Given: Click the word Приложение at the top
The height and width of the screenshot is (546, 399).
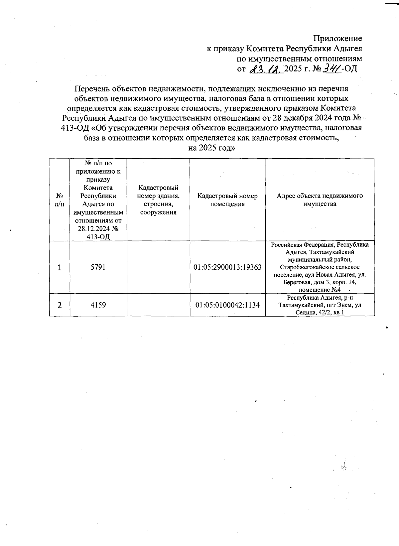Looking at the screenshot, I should point(338,38).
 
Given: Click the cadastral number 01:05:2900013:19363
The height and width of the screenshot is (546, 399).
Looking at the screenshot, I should point(227,267).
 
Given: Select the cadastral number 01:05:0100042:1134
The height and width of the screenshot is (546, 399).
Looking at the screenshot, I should point(227,305).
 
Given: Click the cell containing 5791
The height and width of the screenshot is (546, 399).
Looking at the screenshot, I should point(98,267).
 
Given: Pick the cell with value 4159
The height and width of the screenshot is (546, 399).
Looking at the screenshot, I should point(98,305).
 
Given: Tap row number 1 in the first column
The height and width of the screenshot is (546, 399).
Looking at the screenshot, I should point(60,268).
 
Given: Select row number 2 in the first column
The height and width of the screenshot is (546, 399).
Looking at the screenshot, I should point(60,305).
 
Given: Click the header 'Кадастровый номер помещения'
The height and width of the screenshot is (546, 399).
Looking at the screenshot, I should point(227,200).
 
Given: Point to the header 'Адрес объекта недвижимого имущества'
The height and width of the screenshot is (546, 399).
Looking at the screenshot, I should point(320,200).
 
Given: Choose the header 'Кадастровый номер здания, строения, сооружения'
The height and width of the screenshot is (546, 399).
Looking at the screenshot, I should point(158,200).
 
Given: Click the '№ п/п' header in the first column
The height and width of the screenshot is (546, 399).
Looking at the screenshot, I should point(60,200).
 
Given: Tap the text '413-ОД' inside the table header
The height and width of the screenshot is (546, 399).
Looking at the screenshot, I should point(98,237).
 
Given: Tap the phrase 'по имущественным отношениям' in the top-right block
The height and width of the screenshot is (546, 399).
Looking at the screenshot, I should point(299,59).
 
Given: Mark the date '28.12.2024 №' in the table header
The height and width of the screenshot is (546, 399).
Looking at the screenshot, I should point(98,229).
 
